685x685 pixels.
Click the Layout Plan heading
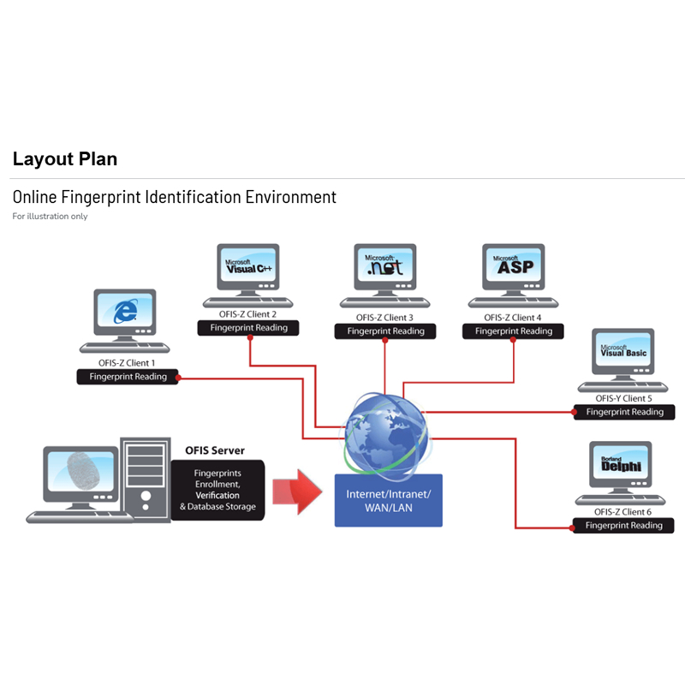tap(65, 159)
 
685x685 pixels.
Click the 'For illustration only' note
tap(50, 217)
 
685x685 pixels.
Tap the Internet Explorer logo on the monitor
tap(125, 311)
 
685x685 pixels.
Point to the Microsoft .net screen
tap(384, 265)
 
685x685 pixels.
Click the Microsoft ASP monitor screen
tap(513, 265)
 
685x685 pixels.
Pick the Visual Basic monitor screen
tap(623, 349)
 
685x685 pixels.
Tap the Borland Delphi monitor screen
tap(621, 462)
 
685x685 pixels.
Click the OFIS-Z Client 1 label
tap(127, 363)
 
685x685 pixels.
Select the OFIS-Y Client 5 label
tap(624, 398)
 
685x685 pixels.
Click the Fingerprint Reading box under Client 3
tap(385, 331)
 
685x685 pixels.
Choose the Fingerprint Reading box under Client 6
tap(623, 526)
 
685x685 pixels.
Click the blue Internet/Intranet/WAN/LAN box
tap(389, 501)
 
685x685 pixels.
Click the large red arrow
tap(297, 491)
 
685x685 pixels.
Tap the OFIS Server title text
tap(215, 450)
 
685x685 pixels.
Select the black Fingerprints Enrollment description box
tap(217, 490)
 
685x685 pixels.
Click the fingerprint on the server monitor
tap(83, 470)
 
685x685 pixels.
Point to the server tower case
tap(146, 479)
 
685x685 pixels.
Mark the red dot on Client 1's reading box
tap(178, 378)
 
